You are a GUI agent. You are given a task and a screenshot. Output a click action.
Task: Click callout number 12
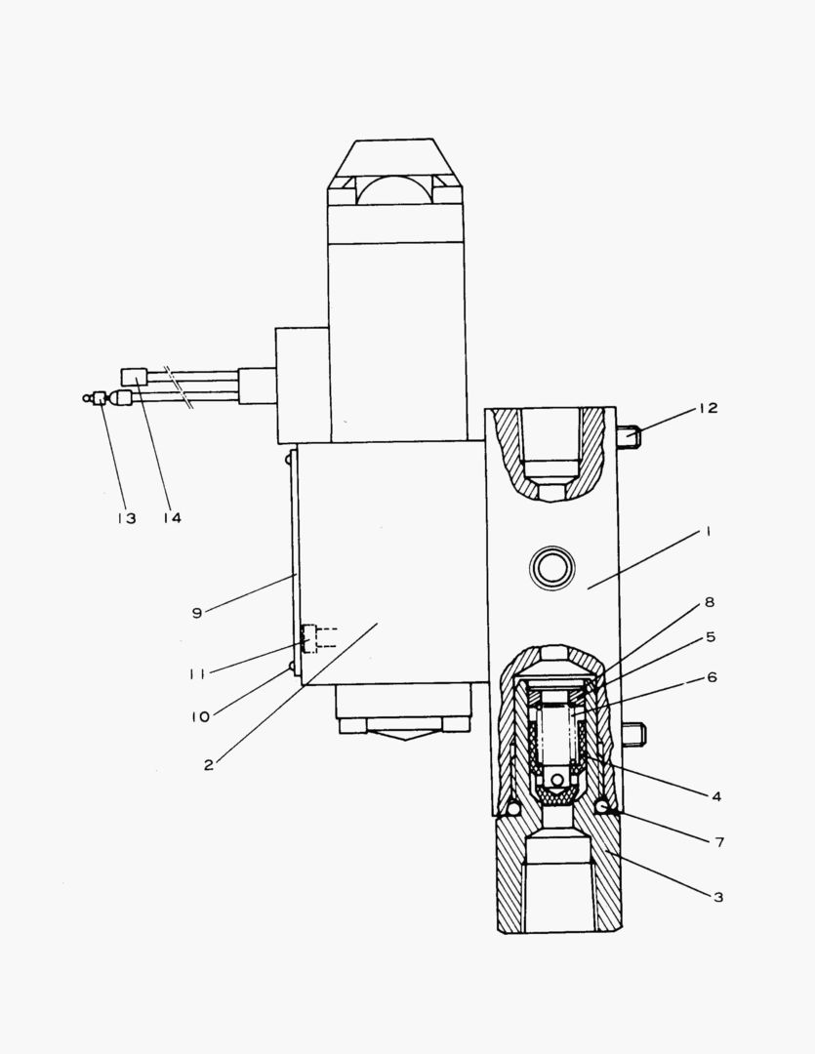(x=707, y=408)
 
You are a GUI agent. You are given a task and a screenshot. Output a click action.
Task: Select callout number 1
(x=709, y=532)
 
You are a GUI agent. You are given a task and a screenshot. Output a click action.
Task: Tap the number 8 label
(x=710, y=603)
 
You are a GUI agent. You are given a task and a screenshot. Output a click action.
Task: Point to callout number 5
(x=710, y=637)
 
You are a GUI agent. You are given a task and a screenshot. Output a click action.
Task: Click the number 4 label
(x=715, y=796)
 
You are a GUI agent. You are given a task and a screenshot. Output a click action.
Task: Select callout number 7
(x=718, y=841)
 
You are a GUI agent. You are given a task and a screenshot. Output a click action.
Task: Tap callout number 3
(x=717, y=897)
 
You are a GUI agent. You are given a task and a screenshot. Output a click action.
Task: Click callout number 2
(x=209, y=765)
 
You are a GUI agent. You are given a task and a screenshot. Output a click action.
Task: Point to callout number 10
(x=201, y=717)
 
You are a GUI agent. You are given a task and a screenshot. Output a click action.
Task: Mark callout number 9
(x=197, y=613)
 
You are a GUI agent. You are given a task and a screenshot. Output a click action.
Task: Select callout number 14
(x=172, y=517)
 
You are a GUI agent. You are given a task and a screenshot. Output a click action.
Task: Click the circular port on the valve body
(x=551, y=566)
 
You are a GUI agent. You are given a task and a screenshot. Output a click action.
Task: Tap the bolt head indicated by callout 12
(x=630, y=437)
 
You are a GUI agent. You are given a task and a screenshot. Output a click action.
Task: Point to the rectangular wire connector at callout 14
(x=134, y=376)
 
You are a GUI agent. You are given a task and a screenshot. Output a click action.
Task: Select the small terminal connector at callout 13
(x=99, y=397)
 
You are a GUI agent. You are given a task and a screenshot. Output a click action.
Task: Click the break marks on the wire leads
(x=179, y=386)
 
